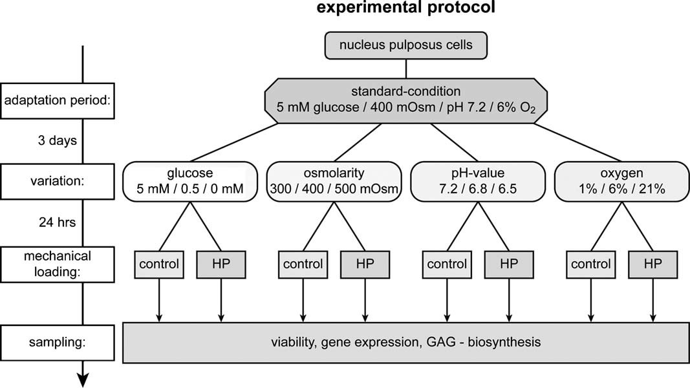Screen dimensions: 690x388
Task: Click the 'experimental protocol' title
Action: pos(405,8)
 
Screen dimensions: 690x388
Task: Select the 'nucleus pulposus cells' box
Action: pos(405,45)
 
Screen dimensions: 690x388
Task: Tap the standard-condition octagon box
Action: pos(405,101)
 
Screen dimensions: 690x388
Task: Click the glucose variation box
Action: pos(189,181)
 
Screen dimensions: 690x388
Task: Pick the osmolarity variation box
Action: pos(334,181)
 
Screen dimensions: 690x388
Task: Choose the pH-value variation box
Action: pos(478,181)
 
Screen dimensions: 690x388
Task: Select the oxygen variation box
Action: pos(622,181)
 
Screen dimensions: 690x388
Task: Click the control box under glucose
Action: pos(159,264)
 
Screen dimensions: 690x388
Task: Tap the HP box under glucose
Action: pos(221,264)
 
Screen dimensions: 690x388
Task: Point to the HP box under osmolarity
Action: pos(365,264)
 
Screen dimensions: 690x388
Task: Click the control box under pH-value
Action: pos(447,264)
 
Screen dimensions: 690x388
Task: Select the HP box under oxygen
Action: pos(652,264)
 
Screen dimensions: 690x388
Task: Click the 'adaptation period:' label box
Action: pos(57,101)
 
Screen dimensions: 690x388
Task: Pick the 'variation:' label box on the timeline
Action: pos(57,181)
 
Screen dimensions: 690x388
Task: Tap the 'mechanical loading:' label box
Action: pos(57,264)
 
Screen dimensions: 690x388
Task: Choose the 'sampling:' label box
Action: pos(57,343)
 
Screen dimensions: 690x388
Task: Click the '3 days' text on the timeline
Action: pos(57,141)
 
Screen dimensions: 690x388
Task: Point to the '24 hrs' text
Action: pos(57,222)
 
